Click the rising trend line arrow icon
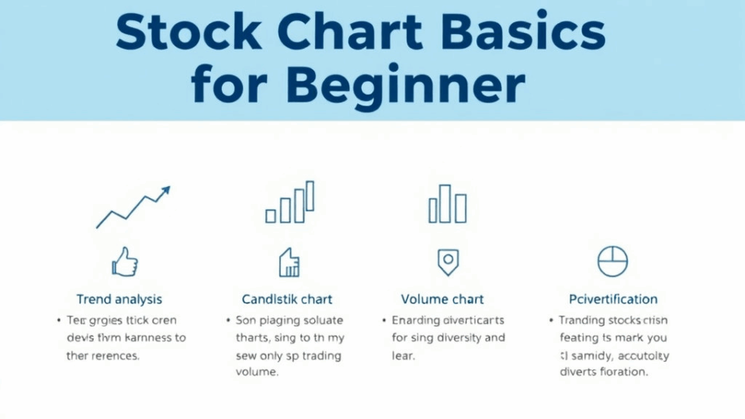pyautogui.click(x=133, y=207)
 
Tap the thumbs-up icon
pyautogui.click(x=124, y=261)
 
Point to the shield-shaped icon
pyautogui.click(x=447, y=261)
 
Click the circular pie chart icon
pyautogui.click(x=612, y=261)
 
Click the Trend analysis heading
pyautogui.click(x=120, y=299)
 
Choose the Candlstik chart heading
pyautogui.click(x=287, y=299)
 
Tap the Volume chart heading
pyautogui.click(x=442, y=299)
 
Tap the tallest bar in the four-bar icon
pyautogui.click(x=310, y=196)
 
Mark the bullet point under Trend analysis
pyautogui.click(x=58, y=320)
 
